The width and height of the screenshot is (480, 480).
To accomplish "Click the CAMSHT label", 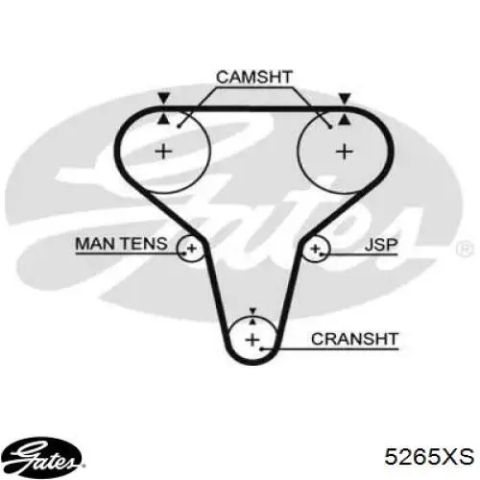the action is (x=254, y=77).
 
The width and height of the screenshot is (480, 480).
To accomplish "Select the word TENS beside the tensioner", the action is (x=144, y=244).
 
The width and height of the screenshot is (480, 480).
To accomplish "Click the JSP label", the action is (x=381, y=245).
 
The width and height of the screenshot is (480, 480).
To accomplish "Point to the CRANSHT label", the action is (x=354, y=339).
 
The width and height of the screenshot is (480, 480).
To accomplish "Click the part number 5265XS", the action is (x=429, y=457).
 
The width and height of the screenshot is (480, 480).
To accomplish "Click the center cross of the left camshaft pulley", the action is (x=163, y=151).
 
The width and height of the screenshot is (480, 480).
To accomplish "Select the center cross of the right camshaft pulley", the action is (x=345, y=152).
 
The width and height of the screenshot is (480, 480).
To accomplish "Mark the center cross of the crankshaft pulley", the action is (x=252, y=339).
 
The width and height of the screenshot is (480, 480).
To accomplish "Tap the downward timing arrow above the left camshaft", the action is (x=164, y=98).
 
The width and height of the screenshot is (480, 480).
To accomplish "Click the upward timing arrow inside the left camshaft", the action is (x=163, y=119).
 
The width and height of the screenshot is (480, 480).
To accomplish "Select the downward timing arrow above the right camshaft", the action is (x=345, y=98).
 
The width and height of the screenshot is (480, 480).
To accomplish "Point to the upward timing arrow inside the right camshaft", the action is (x=345, y=120).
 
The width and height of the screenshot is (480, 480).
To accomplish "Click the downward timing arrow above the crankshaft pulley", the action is (x=252, y=311).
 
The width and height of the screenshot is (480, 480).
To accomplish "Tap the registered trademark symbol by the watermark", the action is (x=465, y=248).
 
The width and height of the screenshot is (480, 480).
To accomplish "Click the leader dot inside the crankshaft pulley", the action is (x=261, y=348).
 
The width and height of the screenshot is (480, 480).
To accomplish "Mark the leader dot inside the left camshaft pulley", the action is (x=180, y=127).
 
